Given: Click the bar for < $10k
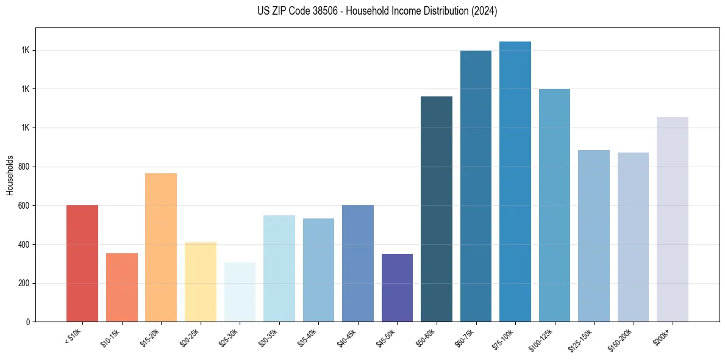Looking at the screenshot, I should (x=82, y=264).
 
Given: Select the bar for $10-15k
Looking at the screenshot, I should (x=121, y=287).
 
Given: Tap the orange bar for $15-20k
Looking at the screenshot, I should (x=161, y=248).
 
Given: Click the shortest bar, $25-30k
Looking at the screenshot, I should (x=240, y=292).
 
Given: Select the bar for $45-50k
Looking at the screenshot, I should (x=397, y=288).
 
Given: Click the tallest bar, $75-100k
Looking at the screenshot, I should (x=515, y=182).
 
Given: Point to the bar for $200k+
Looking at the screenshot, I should (x=673, y=220).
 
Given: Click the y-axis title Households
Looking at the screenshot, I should (x=10, y=175).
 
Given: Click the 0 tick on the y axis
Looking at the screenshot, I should (x=27, y=322).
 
